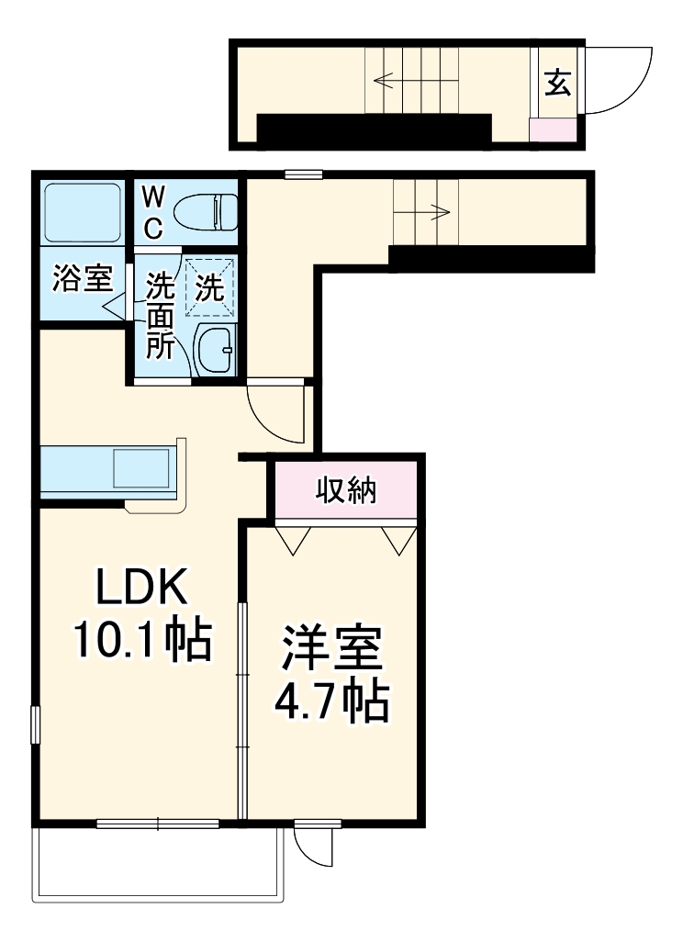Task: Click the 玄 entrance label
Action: pyautogui.click(x=557, y=84)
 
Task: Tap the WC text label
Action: pyautogui.click(x=154, y=212)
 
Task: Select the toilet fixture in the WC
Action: pyautogui.click(x=206, y=212)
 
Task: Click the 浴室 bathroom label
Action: pyautogui.click(x=82, y=278)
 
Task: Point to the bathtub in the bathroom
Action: pyautogui.click(x=83, y=212)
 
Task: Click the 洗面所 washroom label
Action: pyautogui.click(x=161, y=317)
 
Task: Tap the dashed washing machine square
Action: pyautogui.click(x=210, y=287)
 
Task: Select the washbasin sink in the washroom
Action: pyautogui.click(x=217, y=350)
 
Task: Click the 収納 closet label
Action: pyautogui.click(x=346, y=491)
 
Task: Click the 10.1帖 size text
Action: pyautogui.click(x=142, y=641)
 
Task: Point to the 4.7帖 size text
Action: pyautogui.click(x=331, y=702)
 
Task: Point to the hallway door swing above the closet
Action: pyautogui.click(x=274, y=411)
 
